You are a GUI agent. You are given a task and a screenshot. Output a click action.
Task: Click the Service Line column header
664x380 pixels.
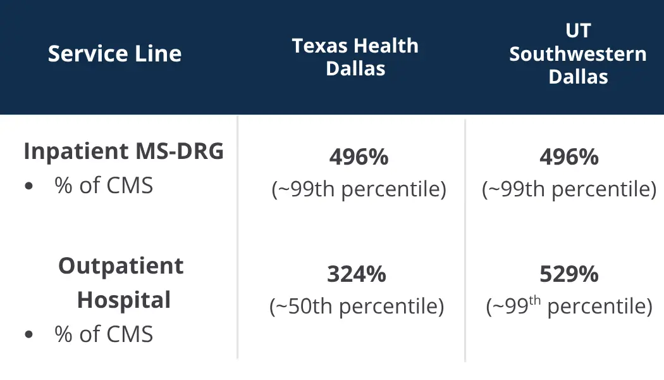coord(114,54)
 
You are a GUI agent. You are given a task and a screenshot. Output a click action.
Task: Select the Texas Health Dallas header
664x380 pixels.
coord(355,57)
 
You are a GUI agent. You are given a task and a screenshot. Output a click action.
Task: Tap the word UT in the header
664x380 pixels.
coord(578,30)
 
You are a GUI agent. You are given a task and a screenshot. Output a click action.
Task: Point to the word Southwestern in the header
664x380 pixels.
coord(578,54)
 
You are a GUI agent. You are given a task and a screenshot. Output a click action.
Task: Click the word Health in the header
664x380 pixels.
coord(386,46)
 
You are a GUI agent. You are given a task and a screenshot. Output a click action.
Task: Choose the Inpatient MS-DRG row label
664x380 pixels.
coord(124,151)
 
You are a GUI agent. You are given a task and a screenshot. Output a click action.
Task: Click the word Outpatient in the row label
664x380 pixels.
coord(121,267)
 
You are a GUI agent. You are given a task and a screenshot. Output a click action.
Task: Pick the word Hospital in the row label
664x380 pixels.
coord(124,300)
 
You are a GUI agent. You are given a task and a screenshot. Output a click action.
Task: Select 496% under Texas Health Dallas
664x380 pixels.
coord(359,157)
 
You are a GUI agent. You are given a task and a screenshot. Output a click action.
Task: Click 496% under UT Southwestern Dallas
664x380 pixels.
coord(569,157)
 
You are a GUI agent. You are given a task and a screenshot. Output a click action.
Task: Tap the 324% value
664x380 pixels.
coord(357,274)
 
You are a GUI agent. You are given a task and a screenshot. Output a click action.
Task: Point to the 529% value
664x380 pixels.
coord(569,274)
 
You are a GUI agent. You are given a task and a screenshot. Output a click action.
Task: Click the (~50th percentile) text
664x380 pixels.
coord(357,306)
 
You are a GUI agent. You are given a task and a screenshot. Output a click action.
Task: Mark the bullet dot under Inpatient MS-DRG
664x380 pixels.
coord(29,186)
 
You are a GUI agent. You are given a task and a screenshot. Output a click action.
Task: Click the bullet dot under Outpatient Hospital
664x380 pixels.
coord(29,334)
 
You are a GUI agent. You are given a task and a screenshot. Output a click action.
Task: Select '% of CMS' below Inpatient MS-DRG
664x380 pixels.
coord(104,186)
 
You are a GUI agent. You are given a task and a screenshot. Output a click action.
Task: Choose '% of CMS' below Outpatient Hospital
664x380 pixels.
coord(104,334)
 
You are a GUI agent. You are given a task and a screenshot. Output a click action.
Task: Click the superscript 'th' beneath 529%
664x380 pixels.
coord(535,300)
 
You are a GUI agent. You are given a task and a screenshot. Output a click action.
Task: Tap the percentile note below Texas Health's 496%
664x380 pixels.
coord(359,189)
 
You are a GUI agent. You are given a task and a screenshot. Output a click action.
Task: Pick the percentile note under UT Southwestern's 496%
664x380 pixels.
coord(569,189)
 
